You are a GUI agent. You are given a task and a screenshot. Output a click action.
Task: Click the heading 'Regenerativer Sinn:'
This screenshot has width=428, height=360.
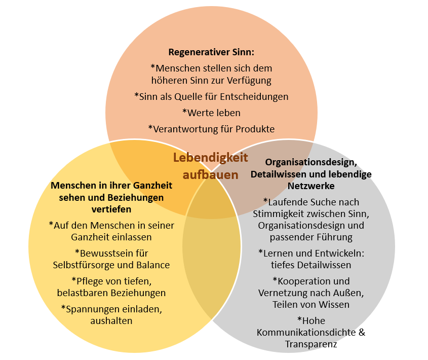211,52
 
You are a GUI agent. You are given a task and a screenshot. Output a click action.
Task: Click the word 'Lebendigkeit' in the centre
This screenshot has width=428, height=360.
210,158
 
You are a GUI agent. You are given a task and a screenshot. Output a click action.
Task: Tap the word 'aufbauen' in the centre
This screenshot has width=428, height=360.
210,174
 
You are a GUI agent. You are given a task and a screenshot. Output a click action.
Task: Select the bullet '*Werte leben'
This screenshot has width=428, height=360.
211,113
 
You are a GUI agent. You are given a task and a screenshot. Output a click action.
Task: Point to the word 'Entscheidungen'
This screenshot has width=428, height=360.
254,97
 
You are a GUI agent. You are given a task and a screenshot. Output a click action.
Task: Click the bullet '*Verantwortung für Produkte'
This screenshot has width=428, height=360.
211,129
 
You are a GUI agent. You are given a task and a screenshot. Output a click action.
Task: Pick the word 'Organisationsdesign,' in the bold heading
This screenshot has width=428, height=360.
311,162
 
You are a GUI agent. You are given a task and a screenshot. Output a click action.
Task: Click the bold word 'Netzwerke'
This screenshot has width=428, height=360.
311,186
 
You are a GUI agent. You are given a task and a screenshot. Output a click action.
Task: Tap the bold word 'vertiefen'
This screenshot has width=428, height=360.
111,209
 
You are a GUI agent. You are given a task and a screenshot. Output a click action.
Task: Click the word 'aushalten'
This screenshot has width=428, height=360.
111,320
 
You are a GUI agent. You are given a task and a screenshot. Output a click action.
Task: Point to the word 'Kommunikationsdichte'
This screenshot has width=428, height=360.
306,333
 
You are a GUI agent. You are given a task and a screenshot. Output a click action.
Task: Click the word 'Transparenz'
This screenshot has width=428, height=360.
311,344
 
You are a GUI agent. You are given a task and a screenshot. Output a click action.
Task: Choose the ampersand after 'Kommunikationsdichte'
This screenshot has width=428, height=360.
362,333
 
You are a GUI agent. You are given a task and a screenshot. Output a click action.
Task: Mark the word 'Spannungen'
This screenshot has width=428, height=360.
91,309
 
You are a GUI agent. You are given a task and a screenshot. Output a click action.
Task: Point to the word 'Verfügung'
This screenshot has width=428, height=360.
249,81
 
